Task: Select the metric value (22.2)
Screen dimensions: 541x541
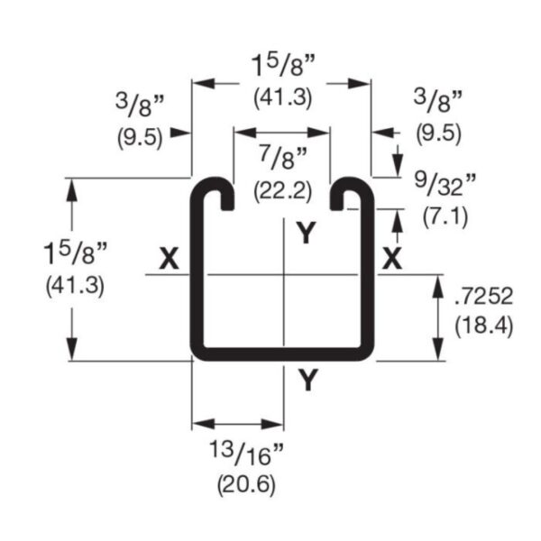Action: coord(282,191)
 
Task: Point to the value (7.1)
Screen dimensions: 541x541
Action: coord(444,215)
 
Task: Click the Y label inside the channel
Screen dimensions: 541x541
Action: coord(307,234)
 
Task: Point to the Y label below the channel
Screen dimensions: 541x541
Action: coord(308,381)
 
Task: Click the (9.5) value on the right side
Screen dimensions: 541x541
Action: coord(439,133)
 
